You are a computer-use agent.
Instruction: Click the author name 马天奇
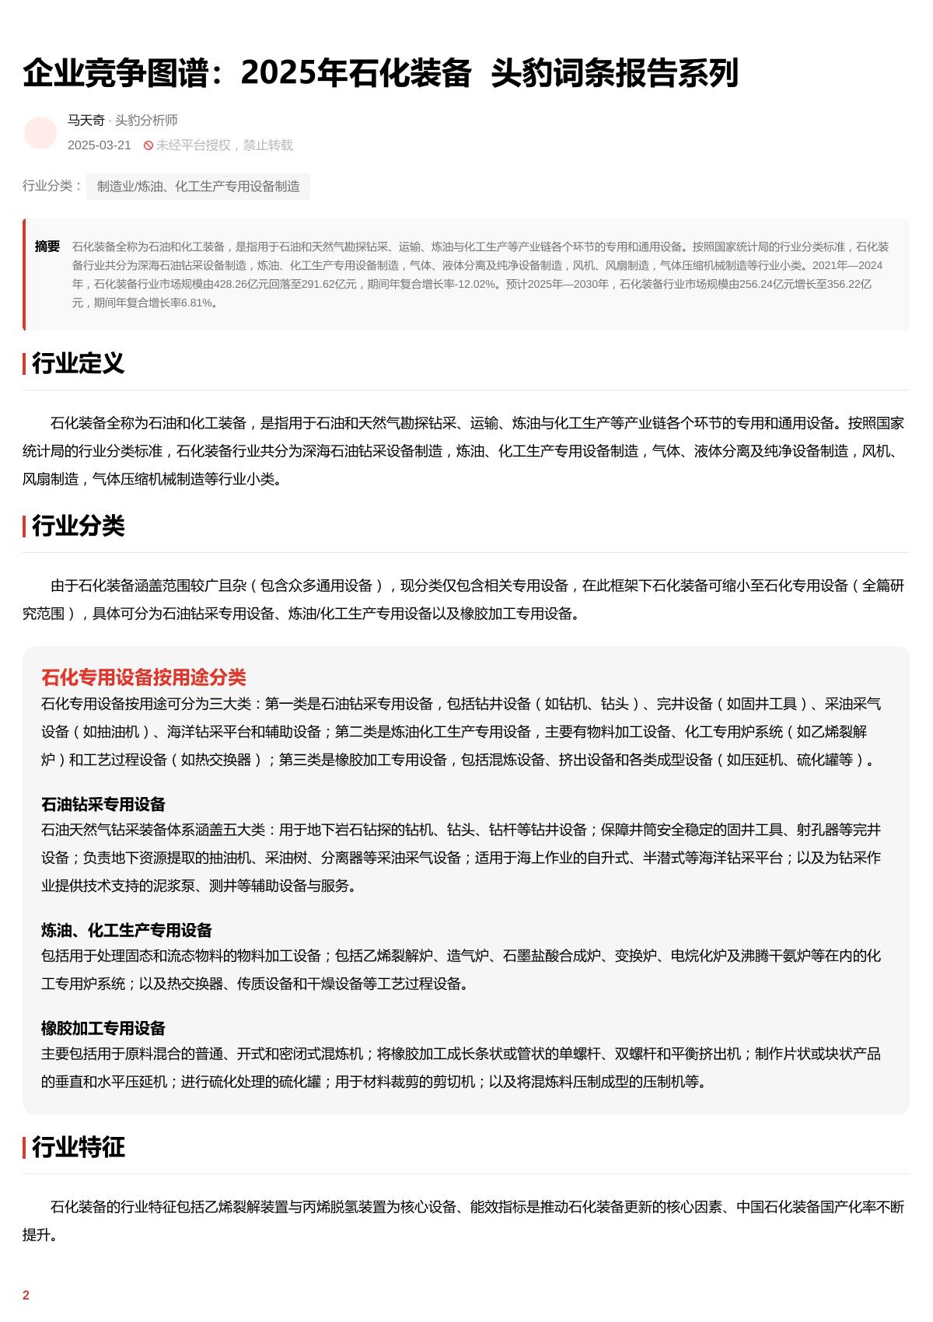pos(86,120)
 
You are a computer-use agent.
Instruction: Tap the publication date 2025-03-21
pos(100,145)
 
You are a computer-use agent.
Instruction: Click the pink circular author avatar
pos(40,133)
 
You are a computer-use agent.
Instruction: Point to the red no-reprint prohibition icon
pos(149,145)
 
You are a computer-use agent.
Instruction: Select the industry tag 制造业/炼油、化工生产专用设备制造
pos(198,187)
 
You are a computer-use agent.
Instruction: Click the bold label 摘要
pos(47,247)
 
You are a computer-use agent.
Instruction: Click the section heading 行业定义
pos(78,363)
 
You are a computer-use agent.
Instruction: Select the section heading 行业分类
pos(78,526)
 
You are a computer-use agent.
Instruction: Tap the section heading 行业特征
pos(78,1147)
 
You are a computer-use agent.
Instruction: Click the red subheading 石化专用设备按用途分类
pos(143,677)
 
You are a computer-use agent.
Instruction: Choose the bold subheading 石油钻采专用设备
pos(103,804)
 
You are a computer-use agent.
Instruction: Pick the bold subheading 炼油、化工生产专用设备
pos(127,930)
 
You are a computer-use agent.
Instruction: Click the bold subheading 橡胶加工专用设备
pos(103,1028)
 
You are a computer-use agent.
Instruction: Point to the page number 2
pos(26,1295)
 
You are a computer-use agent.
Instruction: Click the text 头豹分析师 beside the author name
pos(146,120)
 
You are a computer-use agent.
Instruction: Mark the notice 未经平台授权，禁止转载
pos(224,145)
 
